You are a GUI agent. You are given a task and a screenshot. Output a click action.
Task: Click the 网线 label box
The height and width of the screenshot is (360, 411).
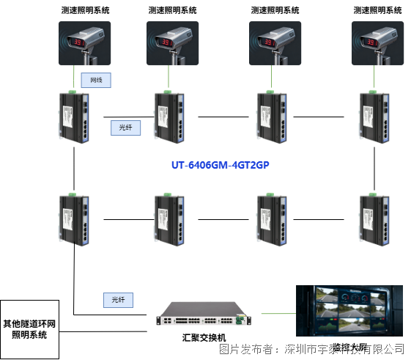(x=96, y=79)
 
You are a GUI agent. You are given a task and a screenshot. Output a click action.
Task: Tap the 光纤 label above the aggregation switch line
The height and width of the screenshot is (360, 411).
(x=117, y=300)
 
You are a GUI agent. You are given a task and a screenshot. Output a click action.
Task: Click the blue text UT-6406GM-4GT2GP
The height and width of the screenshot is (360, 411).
(x=221, y=166)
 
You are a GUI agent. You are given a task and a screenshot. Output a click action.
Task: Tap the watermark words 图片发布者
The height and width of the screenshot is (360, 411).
(x=246, y=348)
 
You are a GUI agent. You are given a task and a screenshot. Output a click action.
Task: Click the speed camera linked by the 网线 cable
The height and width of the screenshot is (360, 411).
(x=84, y=43)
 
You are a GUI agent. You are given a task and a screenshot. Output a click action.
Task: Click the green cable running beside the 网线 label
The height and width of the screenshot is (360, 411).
(x=73, y=78)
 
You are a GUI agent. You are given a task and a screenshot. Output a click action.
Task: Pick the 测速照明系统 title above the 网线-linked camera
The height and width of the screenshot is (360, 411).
(x=84, y=10)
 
